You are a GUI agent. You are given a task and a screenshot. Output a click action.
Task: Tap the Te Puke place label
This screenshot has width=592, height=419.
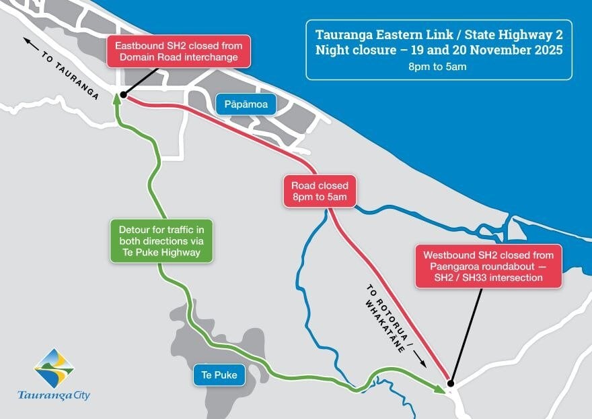click(x=219, y=375)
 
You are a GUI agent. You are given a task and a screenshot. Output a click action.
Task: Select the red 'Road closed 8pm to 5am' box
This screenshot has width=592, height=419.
click(x=319, y=191)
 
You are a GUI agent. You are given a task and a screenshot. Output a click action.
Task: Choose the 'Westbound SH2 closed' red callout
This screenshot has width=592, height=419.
click(x=488, y=266)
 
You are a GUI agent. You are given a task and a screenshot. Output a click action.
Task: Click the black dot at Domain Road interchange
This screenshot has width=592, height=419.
click(x=123, y=95)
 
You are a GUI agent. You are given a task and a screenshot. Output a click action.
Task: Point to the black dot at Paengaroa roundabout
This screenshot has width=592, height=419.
click(x=451, y=384)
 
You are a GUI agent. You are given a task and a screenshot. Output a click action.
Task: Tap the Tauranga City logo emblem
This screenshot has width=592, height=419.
click(x=54, y=367)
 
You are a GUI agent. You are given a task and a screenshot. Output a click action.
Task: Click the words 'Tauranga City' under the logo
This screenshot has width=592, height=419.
click(x=54, y=395)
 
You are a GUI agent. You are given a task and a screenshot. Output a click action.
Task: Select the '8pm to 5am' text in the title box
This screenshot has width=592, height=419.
click(x=437, y=67)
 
